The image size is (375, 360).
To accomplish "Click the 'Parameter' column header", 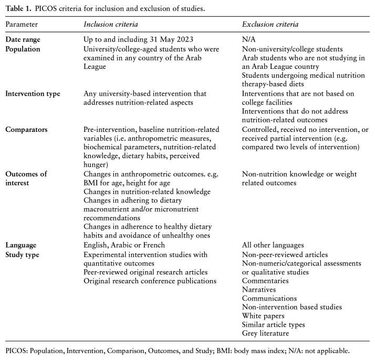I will tap(22, 25).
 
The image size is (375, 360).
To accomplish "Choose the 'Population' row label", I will tap(24, 49).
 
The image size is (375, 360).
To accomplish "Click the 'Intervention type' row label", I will tap(33, 94).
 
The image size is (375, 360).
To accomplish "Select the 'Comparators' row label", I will tap(26, 129).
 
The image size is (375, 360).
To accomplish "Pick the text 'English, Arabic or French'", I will tap(124, 245).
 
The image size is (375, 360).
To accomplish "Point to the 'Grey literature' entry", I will tap(265, 334).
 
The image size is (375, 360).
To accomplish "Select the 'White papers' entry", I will tap(263, 316).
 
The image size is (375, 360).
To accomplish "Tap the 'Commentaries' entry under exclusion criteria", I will tap(265, 281).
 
